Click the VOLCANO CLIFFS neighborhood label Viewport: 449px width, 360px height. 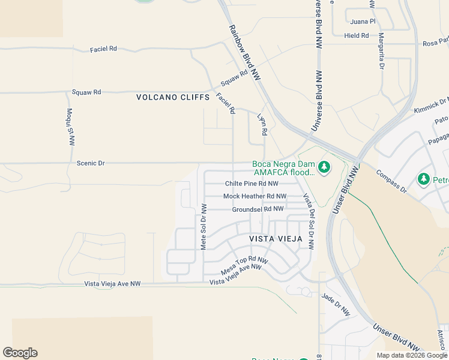173,97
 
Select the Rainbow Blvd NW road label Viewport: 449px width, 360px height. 244,53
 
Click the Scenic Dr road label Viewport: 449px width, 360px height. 91,163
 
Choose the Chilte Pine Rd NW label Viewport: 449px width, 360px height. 252,184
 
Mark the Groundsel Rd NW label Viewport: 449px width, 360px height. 258,209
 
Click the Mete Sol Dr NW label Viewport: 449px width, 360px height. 203,227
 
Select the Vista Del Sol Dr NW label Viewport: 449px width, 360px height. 308,221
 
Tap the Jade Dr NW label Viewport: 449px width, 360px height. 336,305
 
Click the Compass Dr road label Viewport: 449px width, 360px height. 391,182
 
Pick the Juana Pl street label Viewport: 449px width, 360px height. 363,22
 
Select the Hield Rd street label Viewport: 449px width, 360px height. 357,36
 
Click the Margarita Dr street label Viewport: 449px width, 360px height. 381,51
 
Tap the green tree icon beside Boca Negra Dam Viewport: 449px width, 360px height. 324,167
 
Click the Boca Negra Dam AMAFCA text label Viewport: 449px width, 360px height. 283,168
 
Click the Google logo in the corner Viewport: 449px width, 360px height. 20,353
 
